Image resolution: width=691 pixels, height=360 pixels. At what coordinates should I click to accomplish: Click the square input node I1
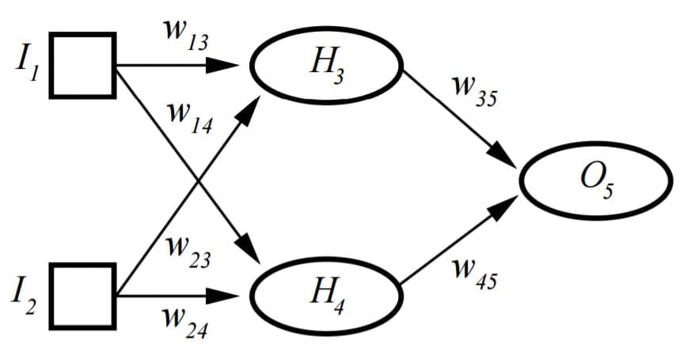click(x=83, y=65)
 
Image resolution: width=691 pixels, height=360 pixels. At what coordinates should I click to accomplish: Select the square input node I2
click(x=83, y=295)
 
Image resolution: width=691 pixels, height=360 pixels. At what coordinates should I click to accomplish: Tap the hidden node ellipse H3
click(x=327, y=66)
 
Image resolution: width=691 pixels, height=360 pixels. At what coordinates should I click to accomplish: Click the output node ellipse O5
click(x=595, y=180)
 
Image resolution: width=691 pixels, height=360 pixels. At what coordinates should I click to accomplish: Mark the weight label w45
click(x=473, y=273)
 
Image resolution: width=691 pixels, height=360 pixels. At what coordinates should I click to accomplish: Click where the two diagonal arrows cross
click(x=196, y=180)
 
